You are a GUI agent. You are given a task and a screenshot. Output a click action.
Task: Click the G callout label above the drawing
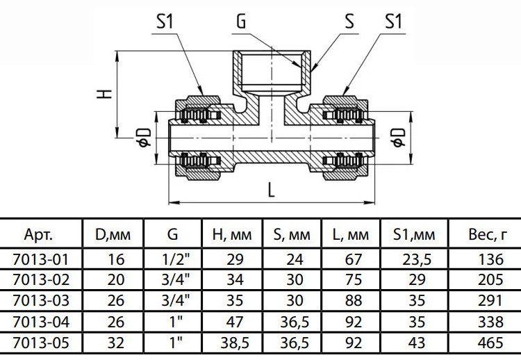[241, 22]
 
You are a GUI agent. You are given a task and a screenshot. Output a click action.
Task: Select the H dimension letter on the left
[104, 94]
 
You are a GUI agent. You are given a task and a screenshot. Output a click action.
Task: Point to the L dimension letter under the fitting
[272, 190]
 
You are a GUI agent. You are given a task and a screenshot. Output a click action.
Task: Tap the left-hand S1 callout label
[165, 22]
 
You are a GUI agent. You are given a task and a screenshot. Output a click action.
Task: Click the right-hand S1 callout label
[393, 22]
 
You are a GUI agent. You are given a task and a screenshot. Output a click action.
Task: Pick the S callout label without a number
[349, 22]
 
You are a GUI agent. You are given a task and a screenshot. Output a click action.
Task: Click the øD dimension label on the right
[399, 138]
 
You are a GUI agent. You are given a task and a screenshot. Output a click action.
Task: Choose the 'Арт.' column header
[38, 235]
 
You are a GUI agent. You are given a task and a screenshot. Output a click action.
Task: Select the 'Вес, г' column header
[488, 235]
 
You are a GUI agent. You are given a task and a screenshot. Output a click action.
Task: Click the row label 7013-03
[41, 301]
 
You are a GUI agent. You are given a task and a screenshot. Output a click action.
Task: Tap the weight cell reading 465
[490, 343]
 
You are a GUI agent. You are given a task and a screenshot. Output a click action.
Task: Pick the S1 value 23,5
[417, 260]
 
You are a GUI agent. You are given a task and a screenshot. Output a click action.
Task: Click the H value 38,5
[235, 343]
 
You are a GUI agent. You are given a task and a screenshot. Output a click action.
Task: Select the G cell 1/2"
[175, 259]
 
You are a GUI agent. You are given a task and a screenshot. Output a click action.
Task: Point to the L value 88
[353, 301]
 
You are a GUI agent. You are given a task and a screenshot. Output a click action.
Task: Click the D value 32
[115, 343]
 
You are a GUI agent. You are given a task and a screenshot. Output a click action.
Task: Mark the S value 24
[295, 260]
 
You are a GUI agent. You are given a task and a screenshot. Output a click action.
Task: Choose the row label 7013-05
[41, 343]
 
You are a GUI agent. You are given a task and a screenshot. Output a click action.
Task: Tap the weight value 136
[490, 260]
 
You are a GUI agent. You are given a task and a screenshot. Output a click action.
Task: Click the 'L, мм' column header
[351, 235]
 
